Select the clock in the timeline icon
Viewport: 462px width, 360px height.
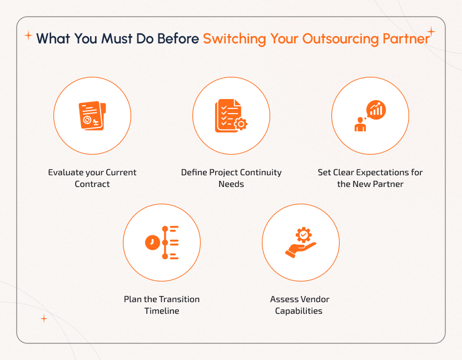[x=152, y=243]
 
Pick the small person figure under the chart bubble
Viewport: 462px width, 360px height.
[x=360, y=124]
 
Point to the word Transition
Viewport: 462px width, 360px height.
[x=176, y=299]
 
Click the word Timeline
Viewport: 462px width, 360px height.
[x=162, y=311]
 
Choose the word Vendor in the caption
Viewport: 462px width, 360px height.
[x=315, y=299]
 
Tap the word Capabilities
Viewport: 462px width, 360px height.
[x=299, y=311]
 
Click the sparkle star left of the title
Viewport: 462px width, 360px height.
[x=28, y=36]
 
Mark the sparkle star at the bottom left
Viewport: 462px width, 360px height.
[x=44, y=319]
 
